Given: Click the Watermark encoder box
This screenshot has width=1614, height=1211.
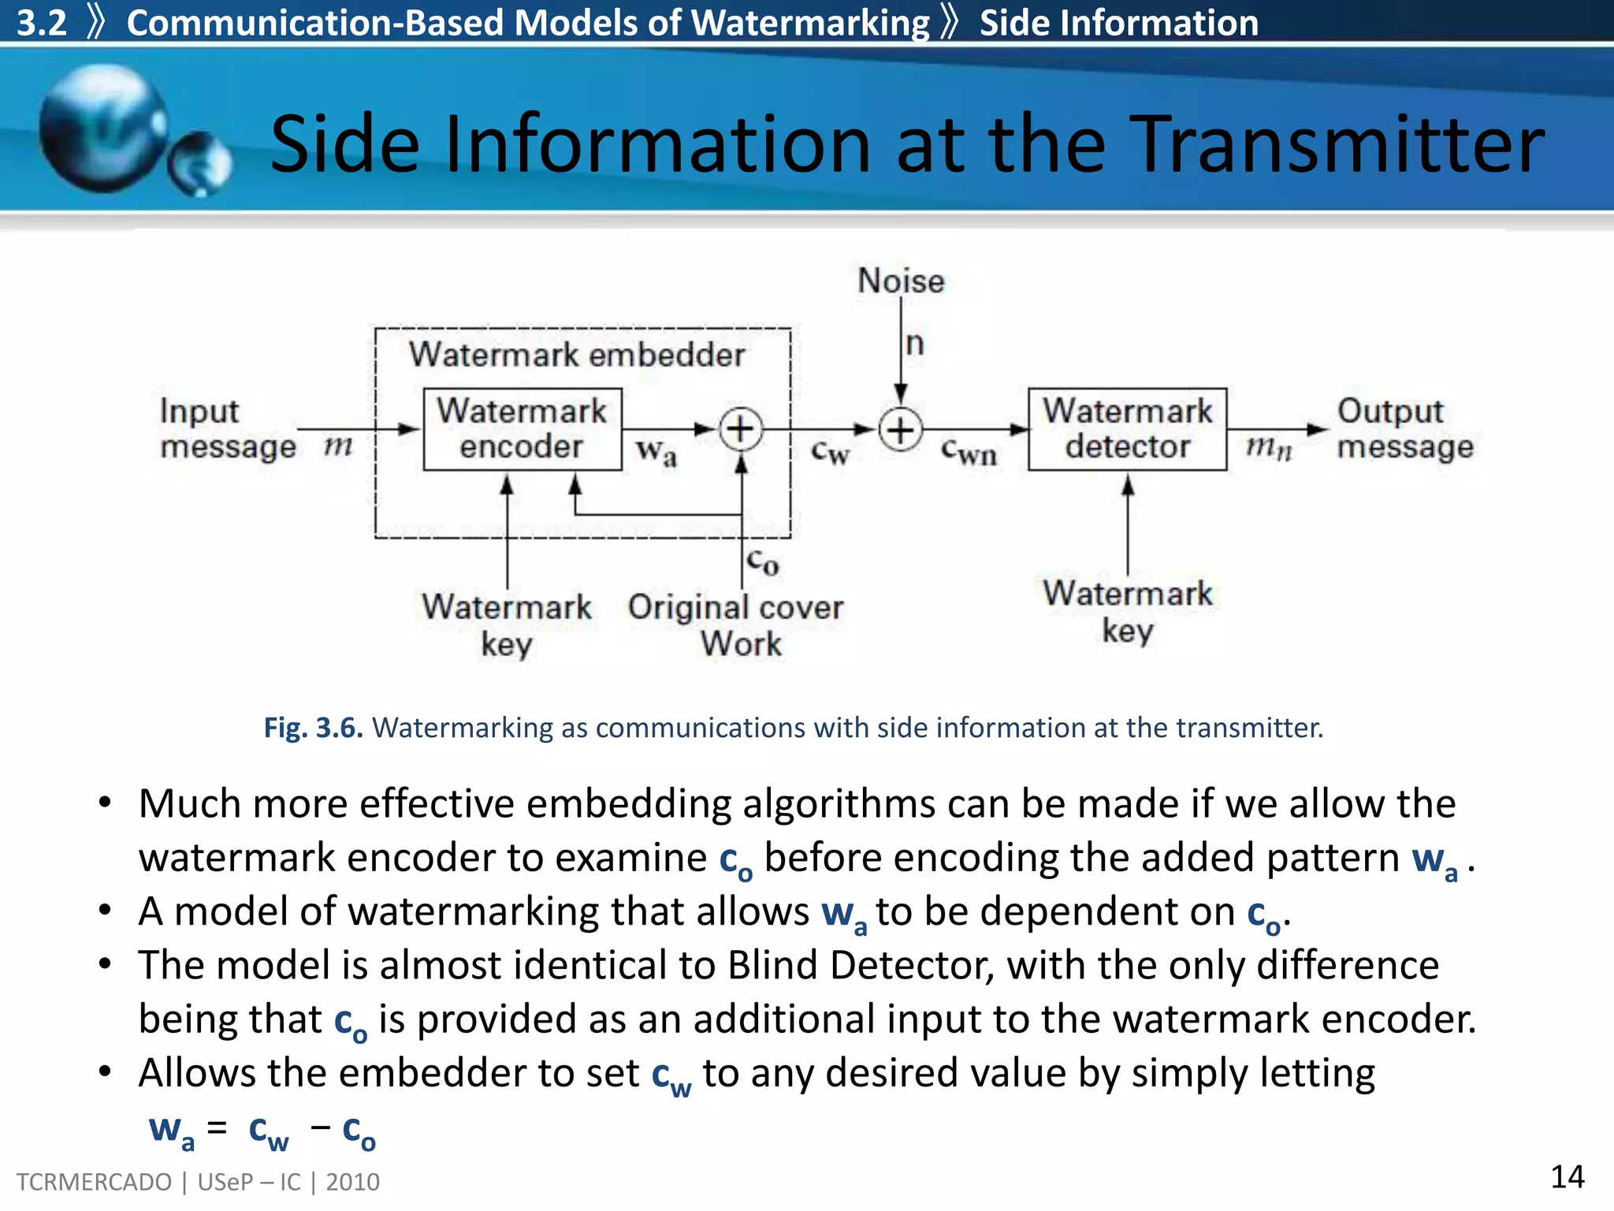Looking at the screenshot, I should [x=522, y=429].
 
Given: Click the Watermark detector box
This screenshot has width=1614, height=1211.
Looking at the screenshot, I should [x=1127, y=429].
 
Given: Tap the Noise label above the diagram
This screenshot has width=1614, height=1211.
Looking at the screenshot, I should [x=900, y=281].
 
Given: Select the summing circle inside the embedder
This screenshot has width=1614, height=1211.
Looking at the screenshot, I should [x=741, y=430].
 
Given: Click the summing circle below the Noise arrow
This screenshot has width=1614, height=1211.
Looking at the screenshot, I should [x=900, y=430].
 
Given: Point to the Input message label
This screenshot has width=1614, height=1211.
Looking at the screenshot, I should [x=227, y=429].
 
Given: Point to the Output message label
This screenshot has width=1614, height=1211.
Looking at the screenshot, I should [x=1404, y=429].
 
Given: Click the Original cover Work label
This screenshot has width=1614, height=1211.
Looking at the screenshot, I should [x=736, y=625].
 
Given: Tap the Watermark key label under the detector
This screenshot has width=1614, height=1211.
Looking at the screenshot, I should [x=1127, y=612].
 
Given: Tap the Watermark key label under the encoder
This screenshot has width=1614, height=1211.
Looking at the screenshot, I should [x=507, y=625].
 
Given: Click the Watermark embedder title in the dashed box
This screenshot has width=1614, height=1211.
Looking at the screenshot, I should [x=576, y=355].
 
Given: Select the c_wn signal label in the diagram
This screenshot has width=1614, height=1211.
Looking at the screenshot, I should [x=969, y=452].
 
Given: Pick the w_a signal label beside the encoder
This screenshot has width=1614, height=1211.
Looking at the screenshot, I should [x=656, y=453].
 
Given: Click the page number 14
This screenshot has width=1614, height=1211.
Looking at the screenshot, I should [x=1567, y=1177].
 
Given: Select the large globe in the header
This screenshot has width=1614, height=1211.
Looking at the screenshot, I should [x=102, y=129].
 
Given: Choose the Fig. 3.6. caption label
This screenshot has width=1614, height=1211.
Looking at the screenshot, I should [x=313, y=728].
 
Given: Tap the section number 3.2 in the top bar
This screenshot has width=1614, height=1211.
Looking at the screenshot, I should [x=42, y=22].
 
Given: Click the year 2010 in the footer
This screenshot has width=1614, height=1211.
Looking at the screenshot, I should [x=352, y=1182].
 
